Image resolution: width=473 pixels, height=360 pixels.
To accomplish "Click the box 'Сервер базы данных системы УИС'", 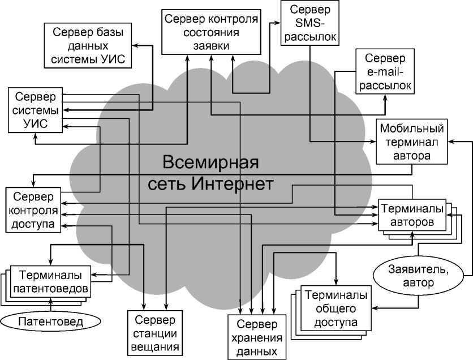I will point(88,46).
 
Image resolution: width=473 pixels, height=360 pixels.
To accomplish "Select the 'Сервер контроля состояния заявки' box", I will point(211,32).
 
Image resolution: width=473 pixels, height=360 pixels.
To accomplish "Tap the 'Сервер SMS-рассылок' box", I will point(310,24).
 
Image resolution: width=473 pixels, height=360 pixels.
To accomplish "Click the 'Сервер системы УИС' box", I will point(35,110).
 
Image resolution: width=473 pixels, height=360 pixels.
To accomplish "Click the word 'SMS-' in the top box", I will point(310,24).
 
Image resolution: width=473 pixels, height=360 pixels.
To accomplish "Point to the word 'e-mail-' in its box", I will point(385,72).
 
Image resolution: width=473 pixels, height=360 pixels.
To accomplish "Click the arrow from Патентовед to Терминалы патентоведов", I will point(51,305).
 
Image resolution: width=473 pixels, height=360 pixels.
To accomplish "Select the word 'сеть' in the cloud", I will point(167,184).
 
